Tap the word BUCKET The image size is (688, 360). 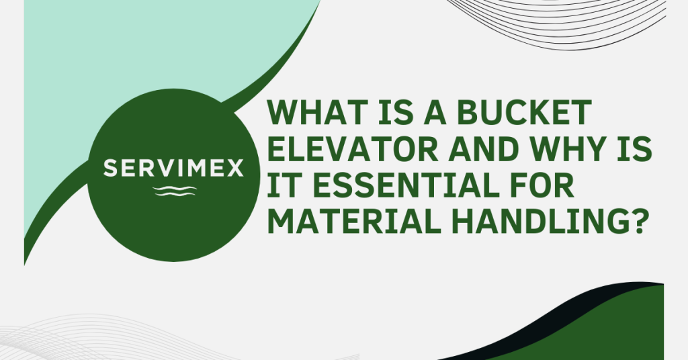click(x=524, y=112)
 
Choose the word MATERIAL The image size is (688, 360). click(x=354, y=222)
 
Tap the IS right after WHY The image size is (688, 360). click(x=635, y=149)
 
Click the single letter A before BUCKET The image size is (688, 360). click(x=435, y=112)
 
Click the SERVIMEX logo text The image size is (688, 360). click(x=173, y=169)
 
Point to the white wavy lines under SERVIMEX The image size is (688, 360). click(x=175, y=191)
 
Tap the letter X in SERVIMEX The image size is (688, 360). click(x=234, y=169)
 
